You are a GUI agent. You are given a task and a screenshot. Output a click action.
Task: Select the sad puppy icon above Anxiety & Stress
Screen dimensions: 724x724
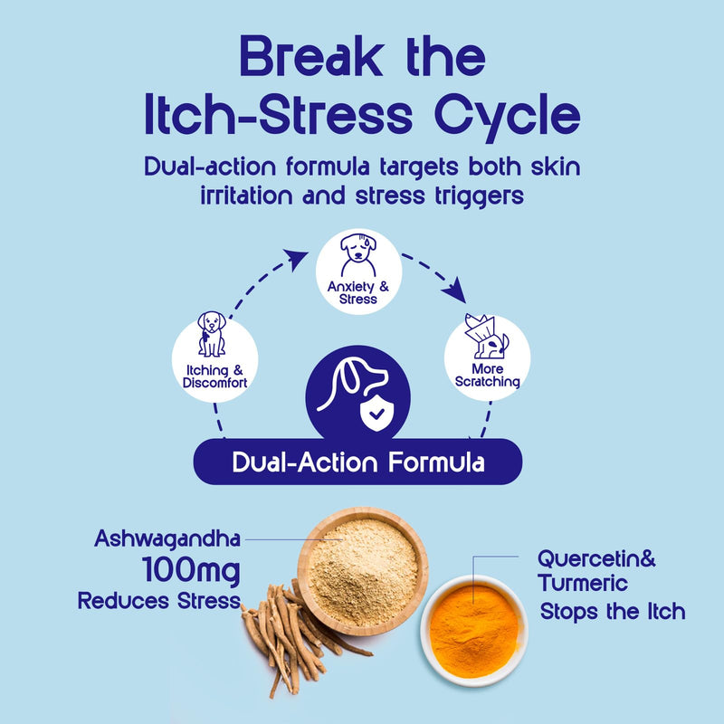coord(358,255)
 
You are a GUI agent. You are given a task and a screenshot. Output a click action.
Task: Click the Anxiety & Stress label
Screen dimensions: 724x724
coord(358,292)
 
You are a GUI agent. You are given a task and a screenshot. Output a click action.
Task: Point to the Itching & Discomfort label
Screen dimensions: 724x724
coord(215,376)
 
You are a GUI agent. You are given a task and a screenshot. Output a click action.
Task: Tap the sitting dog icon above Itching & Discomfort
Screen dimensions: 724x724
coord(212,334)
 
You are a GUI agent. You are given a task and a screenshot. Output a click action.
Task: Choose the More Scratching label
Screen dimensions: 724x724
coord(488,375)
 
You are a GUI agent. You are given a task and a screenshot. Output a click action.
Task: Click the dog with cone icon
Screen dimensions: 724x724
coord(486,336)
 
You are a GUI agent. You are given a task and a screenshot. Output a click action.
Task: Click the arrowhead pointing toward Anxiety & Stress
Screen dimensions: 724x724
coord(296,259)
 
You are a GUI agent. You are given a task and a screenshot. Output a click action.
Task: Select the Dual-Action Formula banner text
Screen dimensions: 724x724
coord(358,462)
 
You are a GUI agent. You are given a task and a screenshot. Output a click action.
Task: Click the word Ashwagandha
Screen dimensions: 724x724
coord(167,539)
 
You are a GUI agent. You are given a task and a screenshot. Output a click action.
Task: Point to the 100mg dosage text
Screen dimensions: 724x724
coord(191,571)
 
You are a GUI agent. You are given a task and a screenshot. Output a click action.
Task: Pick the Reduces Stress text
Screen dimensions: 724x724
coord(159,601)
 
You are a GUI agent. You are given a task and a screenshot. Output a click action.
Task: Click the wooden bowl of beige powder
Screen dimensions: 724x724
coord(363,571)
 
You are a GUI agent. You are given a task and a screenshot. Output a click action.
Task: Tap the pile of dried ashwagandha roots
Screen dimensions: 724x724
coord(296,637)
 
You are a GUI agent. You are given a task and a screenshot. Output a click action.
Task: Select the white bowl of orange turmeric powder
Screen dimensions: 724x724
coord(474,631)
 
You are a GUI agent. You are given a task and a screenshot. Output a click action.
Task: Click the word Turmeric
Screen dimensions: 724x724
coord(583,583)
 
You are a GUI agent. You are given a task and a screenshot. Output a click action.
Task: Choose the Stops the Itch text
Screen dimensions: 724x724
coord(613,612)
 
